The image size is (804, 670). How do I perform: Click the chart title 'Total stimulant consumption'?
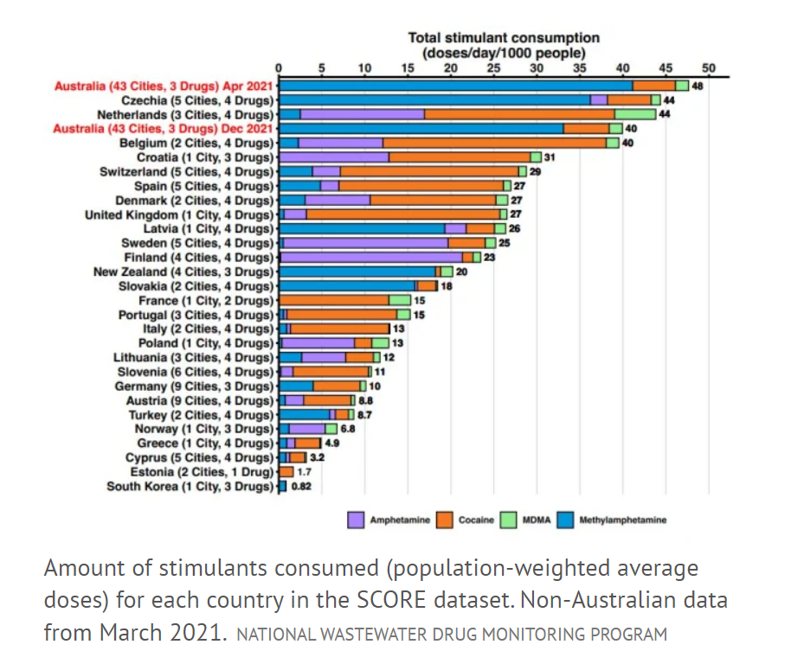click(x=504, y=38)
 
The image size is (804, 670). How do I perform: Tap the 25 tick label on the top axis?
click(x=493, y=69)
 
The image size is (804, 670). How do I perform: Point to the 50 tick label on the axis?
click(x=708, y=69)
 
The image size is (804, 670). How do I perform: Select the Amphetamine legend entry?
click(x=389, y=520)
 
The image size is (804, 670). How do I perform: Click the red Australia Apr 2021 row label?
click(x=164, y=86)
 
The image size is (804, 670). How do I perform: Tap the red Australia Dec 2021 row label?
click(x=164, y=128)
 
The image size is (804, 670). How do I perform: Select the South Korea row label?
click(x=190, y=486)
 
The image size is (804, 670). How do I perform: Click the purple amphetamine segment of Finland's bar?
click(x=370, y=257)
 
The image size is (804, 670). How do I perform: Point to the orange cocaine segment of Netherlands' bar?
click(x=519, y=114)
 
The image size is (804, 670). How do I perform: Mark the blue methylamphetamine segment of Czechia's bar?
click(x=433, y=99)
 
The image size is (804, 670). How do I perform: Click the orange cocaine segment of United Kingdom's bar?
click(x=402, y=214)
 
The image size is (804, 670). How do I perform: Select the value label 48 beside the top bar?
click(x=697, y=86)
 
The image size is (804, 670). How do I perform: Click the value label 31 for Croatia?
click(x=550, y=156)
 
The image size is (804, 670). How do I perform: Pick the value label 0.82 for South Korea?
click(x=300, y=486)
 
